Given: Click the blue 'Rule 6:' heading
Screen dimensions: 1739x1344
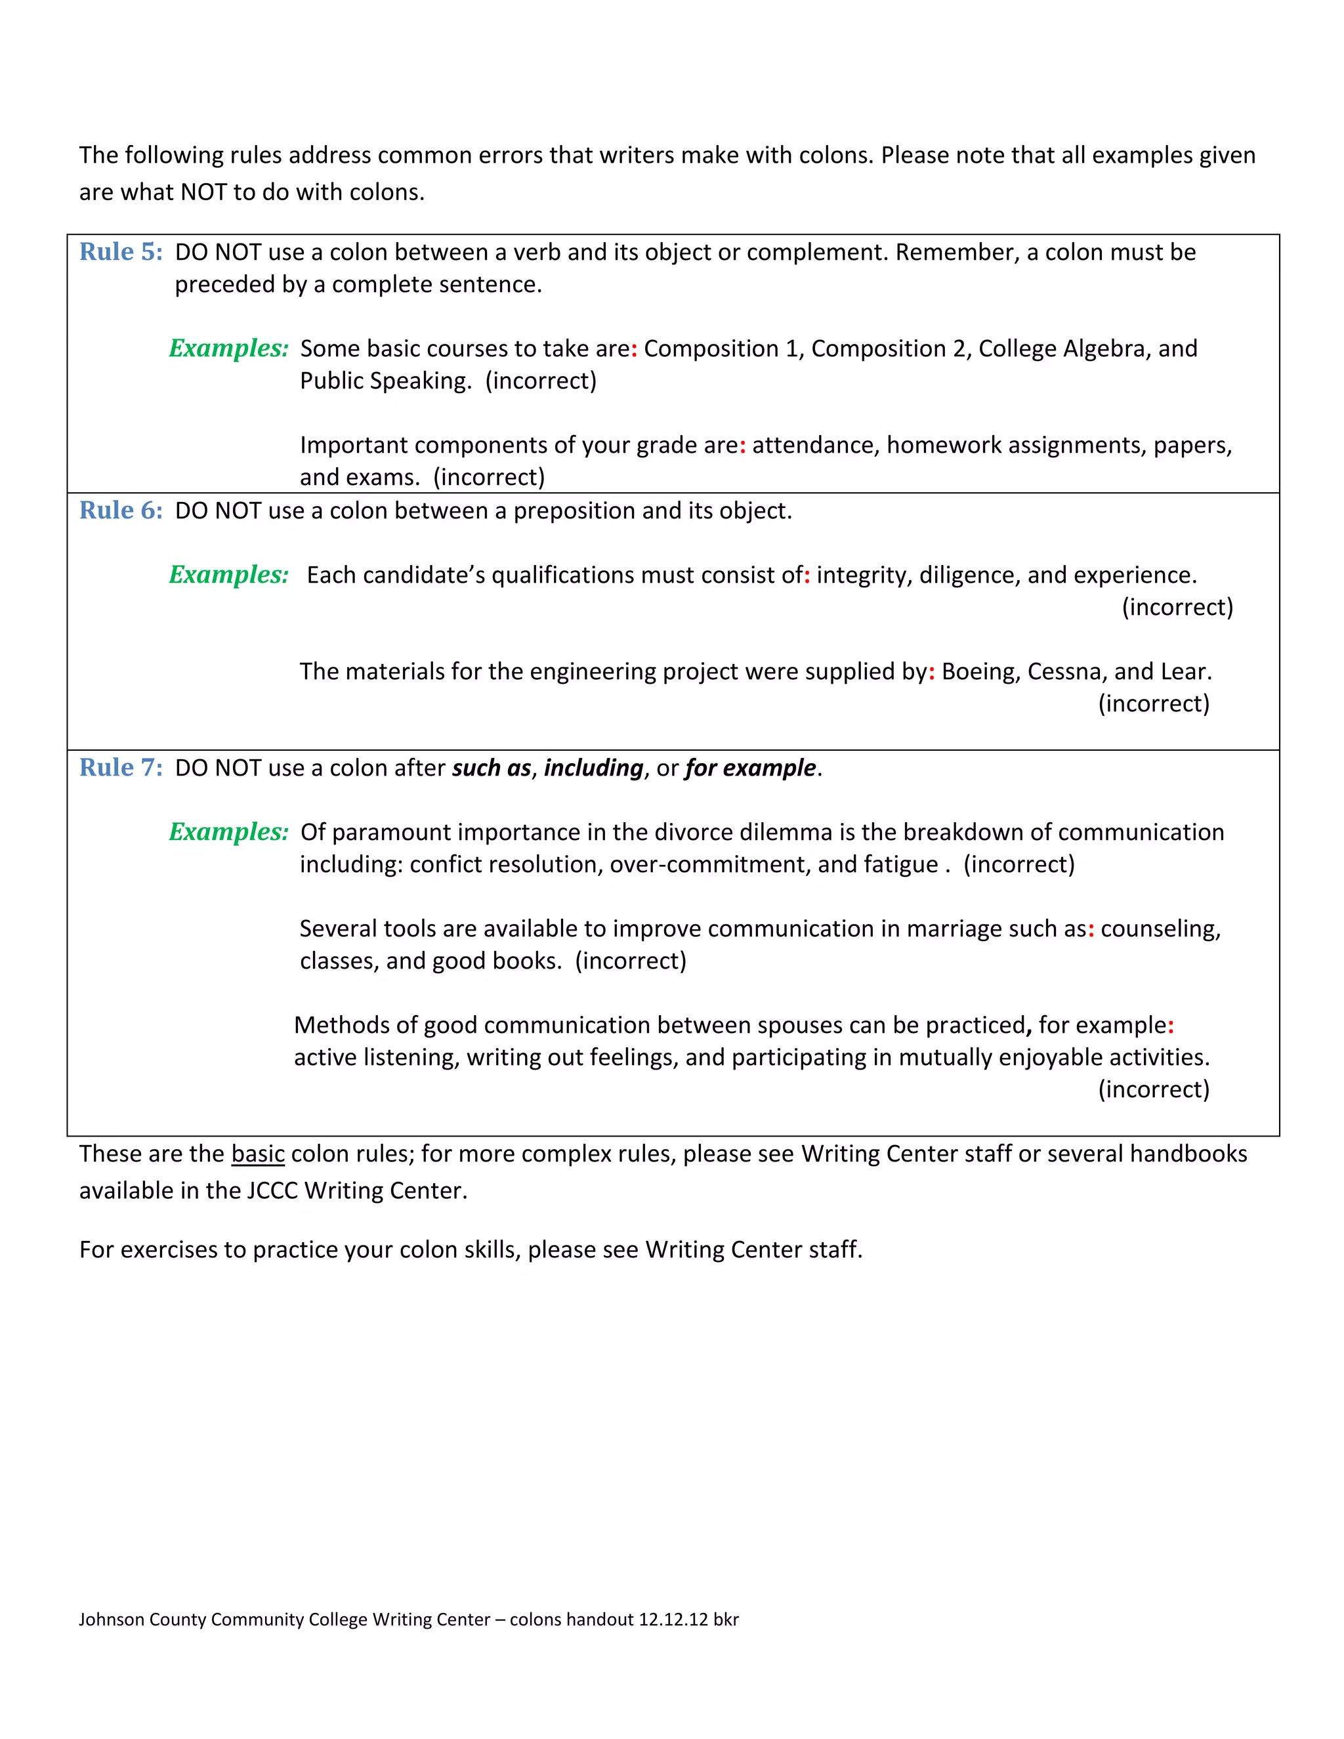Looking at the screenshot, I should tap(121, 511).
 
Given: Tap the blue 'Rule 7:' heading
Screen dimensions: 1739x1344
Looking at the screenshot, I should tap(121, 768).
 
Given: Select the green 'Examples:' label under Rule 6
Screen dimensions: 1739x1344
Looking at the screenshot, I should tap(228, 574).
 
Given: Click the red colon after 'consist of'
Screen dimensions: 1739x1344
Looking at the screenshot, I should tap(807, 576).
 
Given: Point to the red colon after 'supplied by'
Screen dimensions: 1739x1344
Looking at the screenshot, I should tap(932, 673).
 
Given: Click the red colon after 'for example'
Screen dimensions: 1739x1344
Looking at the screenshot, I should tap(1171, 1026).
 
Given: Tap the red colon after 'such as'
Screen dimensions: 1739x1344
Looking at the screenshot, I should tap(1091, 930).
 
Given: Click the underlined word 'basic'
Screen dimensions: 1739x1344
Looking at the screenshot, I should tap(258, 1154).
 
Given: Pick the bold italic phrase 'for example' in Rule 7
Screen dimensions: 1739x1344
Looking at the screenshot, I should tap(750, 768).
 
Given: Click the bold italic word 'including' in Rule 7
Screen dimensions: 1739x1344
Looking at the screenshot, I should tap(593, 768).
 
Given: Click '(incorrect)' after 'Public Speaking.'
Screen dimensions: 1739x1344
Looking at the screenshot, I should tap(541, 381).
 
